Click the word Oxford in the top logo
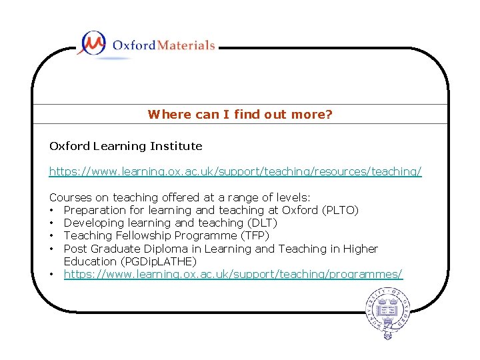(x=133, y=45)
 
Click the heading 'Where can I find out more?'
(x=240, y=115)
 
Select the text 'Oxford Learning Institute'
(x=125, y=146)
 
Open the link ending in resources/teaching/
(x=235, y=172)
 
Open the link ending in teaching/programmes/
(x=233, y=274)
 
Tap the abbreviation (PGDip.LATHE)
(x=158, y=261)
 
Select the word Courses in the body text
(x=70, y=198)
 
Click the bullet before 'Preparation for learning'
(x=52, y=211)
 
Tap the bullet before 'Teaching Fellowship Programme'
(x=52, y=236)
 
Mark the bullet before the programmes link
(x=52, y=274)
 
